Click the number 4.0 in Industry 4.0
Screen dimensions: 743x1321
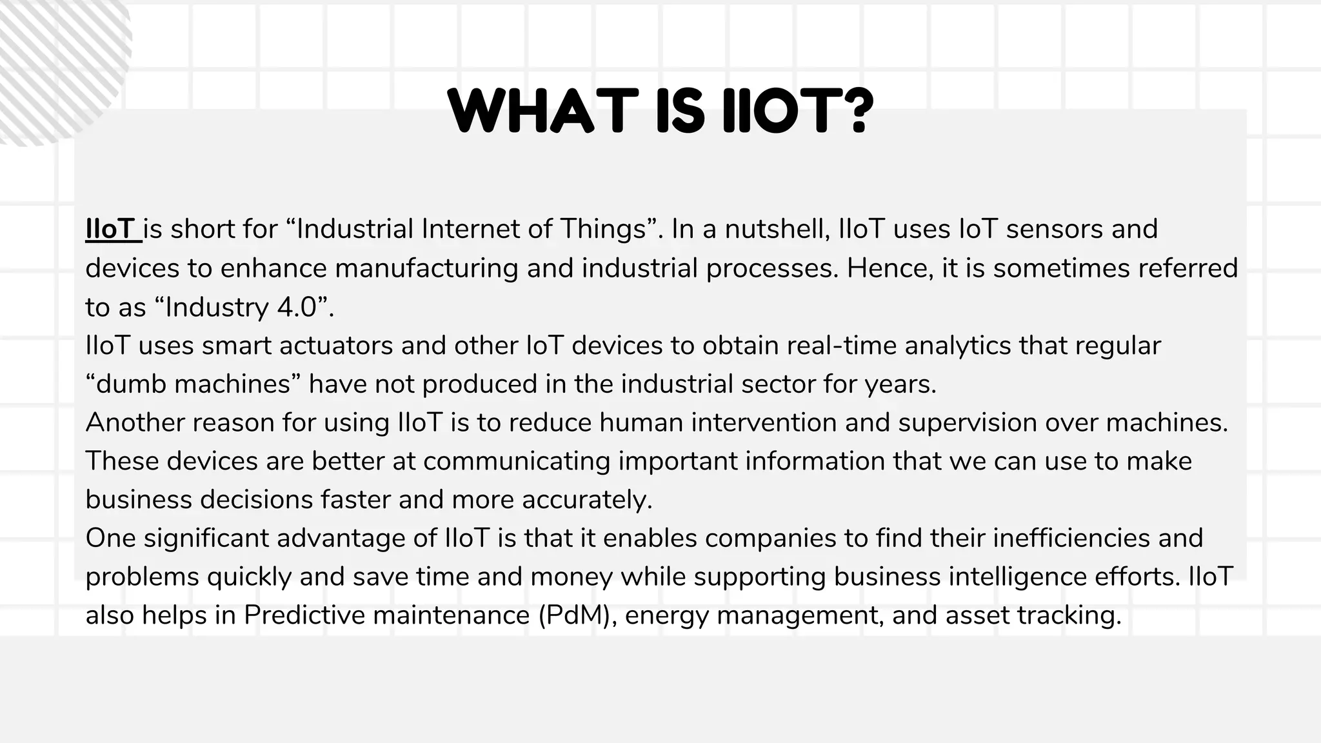[x=297, y=308]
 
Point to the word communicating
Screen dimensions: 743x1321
[x=517, y=462]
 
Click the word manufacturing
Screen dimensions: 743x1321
[x=426, y=269]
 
